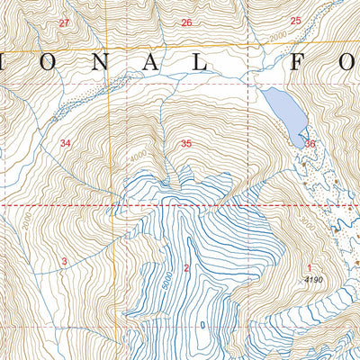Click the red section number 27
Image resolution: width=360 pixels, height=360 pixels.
(x=63, y=22)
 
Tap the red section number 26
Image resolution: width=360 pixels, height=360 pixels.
(x=186, y=22)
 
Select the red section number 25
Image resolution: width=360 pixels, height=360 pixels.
(x=295, y=21)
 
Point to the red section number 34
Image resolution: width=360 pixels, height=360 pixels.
(x=65, y=143)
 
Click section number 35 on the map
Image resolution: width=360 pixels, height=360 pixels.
(x=186, y=143)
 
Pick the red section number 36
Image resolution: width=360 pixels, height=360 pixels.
(x=310, y=144)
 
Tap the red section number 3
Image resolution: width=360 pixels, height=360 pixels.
(x=64, y=261)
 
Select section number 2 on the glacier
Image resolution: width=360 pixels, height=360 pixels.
(x=186, y=267)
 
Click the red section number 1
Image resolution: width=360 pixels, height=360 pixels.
(x=309, y=267)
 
